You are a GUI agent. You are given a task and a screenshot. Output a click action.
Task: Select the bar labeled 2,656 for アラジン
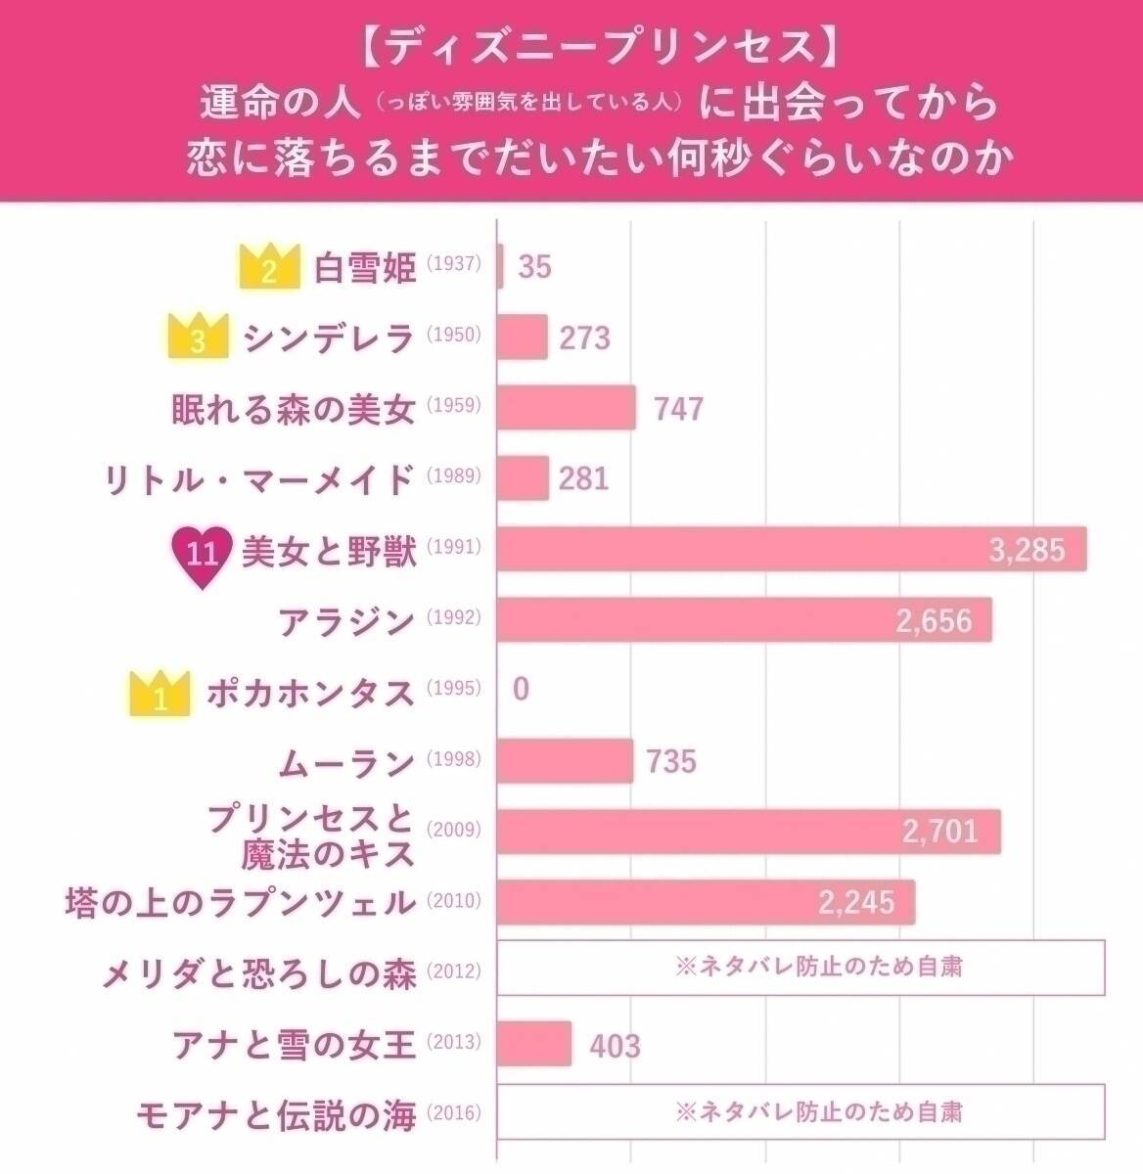click(x=744, y=619)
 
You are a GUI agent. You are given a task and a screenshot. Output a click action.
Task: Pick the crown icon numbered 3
click(x=199, y=337)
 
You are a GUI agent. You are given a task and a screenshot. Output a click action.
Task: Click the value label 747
click(x=678, y=408)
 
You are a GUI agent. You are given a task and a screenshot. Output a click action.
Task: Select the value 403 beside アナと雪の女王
click(x=615, y=1046)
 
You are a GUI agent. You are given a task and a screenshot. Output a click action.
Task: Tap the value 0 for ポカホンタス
click(x=521, y=689)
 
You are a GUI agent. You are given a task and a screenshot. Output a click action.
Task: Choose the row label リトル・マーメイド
click(x=260, y=478)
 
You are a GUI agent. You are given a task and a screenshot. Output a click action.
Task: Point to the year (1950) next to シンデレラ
click(x=454, y=336)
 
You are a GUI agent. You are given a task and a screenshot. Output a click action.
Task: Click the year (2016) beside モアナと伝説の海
click(x=454, y=1112)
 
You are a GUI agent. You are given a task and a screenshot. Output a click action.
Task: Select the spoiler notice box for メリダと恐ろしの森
click(x=800, y=968)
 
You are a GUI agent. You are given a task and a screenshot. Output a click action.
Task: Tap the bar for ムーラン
click(x=565, y=761)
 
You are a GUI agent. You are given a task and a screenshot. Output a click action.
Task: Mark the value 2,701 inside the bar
click(x=939, y=832)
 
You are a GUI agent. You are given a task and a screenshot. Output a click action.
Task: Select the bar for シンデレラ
click(x=522, y=338)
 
